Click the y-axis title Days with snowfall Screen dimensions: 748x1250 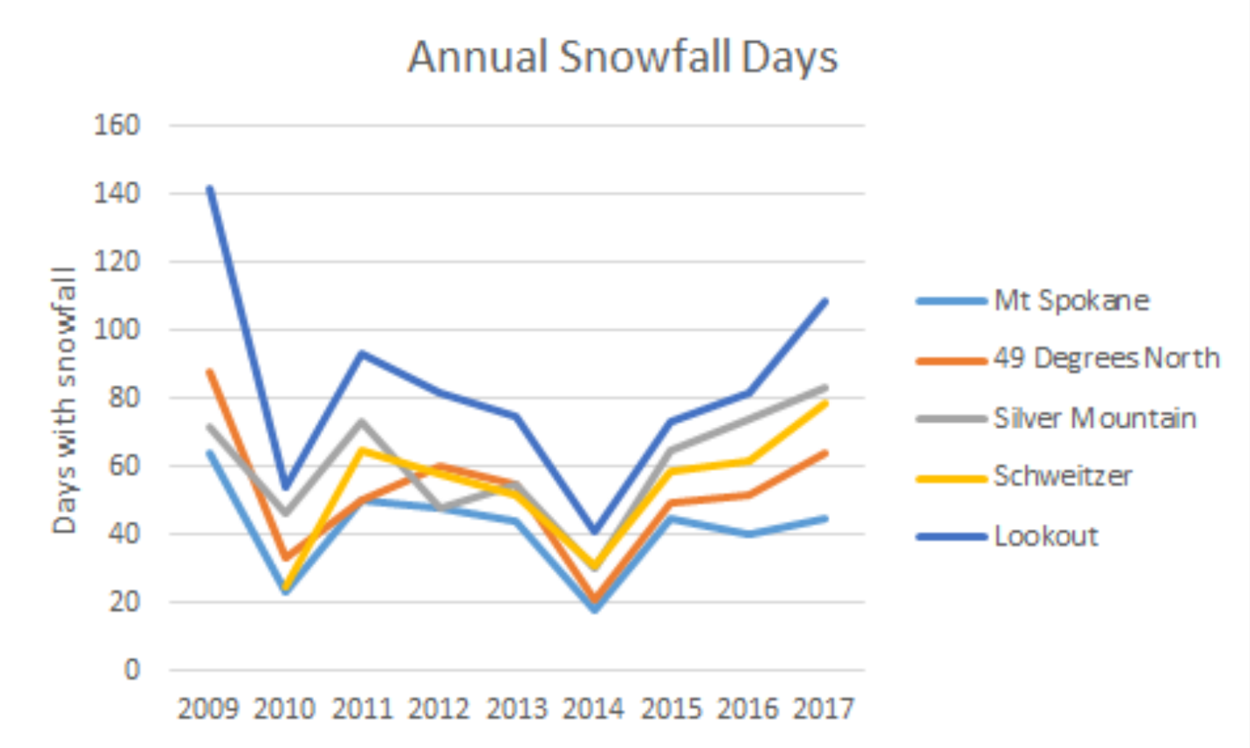[x=64, y=400]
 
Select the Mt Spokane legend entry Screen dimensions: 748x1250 [x=1071, y=301]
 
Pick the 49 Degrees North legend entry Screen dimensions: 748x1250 [x=1106, y=359]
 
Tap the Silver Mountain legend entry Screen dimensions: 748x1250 [x=1094, y=418]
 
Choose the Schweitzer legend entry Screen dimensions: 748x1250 [x=1063, y=476]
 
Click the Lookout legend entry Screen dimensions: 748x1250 [x=1046, y=536]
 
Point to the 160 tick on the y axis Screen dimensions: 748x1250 [x=117, y=126]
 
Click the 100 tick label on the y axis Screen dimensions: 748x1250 [x=117, y=330]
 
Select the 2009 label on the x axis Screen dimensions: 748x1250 [x=208, y=708]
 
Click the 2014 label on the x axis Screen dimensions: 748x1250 [x=593, y=708]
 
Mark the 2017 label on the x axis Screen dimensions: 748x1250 [x=824, y=708]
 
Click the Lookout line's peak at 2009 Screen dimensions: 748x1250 [x=209, y=188]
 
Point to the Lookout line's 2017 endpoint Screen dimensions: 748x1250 [x=825, y=301]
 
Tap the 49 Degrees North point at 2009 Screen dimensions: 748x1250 [x=209, y=372]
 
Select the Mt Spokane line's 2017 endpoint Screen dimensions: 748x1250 [x=825, y=519]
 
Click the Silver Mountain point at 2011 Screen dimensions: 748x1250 [x=362, y=421]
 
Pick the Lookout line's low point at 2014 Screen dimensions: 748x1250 [x=594, y=532]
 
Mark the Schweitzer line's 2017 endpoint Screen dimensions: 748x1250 [x=825, y=403]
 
